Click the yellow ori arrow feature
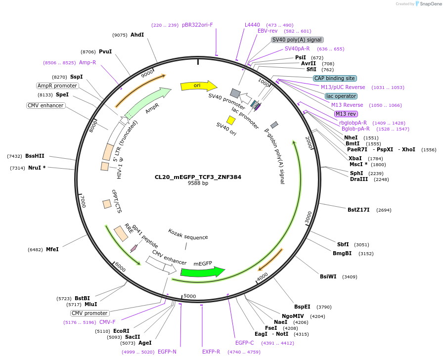198,86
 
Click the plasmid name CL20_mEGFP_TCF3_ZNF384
198,177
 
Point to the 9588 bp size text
198,183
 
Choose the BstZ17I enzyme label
358,210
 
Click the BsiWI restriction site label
328,276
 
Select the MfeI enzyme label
52,249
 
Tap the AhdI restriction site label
137,35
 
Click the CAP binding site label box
335,78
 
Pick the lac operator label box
341,96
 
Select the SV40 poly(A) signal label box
297,40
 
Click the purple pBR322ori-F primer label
197,25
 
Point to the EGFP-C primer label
244,343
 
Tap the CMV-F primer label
107,322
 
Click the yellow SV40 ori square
231,120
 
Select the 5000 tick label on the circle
190,296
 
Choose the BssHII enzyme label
35,156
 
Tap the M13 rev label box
346,114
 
